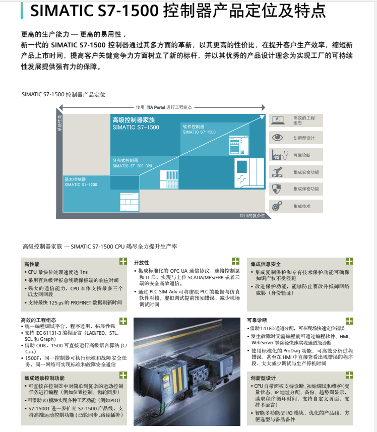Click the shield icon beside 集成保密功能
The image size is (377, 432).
point(277,189)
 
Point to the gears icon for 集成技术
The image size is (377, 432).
point(277,206)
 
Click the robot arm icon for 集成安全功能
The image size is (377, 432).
point(277,172)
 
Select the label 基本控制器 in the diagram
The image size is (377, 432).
point(75,179)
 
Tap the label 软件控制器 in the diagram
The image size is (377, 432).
point(194,127)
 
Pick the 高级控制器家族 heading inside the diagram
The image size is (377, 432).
point(134,120)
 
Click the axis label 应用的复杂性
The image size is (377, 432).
point(253,216)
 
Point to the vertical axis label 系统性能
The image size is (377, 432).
point(59,124)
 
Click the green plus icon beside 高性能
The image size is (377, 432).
point(123,261)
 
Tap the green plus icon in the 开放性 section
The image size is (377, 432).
point(235,261)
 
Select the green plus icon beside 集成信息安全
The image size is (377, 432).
point(349,261)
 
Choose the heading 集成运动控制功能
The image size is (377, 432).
point(44,378)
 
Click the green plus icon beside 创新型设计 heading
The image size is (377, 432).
point(349,376)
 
